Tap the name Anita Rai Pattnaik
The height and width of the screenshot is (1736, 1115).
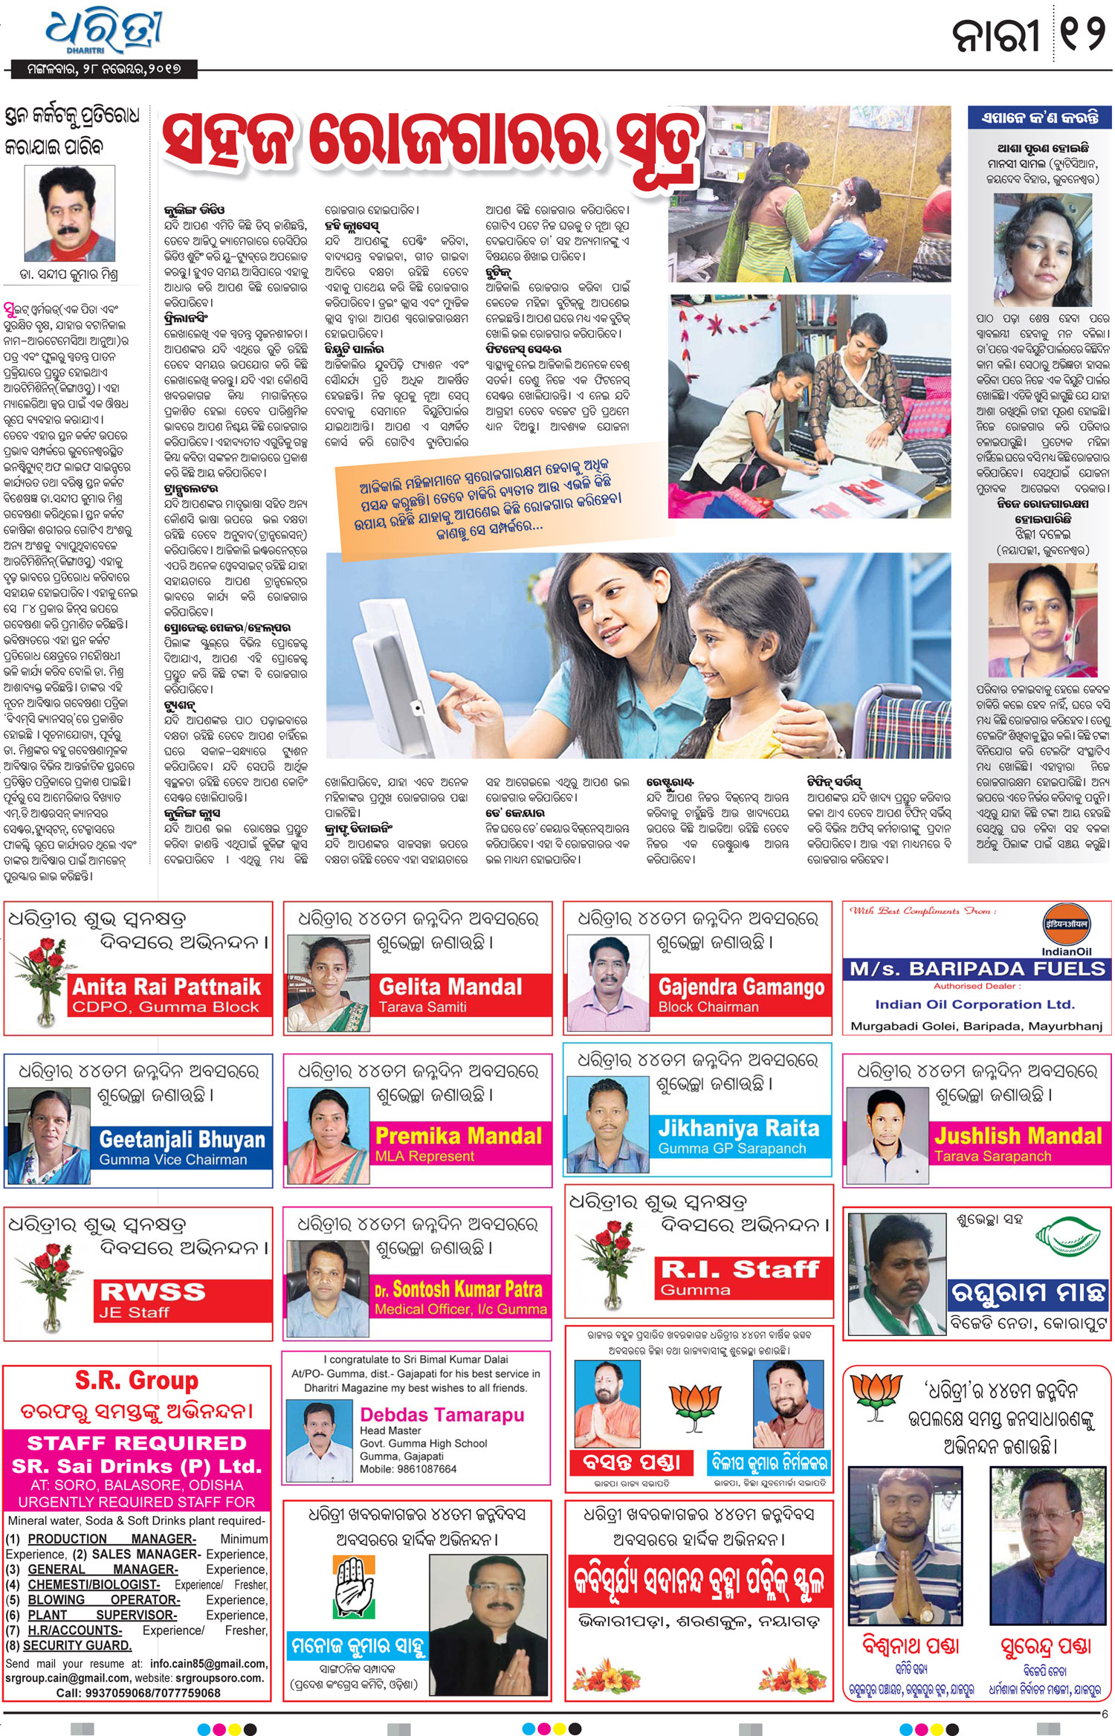(x=167, y=987)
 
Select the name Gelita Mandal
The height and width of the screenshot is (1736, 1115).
(x=450, y=987)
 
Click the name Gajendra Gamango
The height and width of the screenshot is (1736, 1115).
(x=741, y=987)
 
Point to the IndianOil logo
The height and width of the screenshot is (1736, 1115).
(x=1066, y=929)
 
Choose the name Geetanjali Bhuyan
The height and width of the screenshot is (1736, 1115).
(x=182, y=1139)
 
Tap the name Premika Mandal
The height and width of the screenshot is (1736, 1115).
(x=459, y=1135)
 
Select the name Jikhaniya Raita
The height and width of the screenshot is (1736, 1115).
(x=738, y=1128)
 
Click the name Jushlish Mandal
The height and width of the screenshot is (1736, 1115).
(x=1018, y=1135)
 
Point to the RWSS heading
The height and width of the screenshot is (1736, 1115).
(x=152, y=1291)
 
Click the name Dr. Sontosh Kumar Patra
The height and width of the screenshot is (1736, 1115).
(x=458, y=1288)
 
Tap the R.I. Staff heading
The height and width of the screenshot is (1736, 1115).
(x=740, y=1268)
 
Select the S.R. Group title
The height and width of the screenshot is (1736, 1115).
(x=137, y=1381)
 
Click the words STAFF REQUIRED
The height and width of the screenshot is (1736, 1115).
(x=137, y=1443)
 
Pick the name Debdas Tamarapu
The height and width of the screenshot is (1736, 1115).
(x=442, y=1414)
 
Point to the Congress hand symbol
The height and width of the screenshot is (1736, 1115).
(x=355, y=1584)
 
